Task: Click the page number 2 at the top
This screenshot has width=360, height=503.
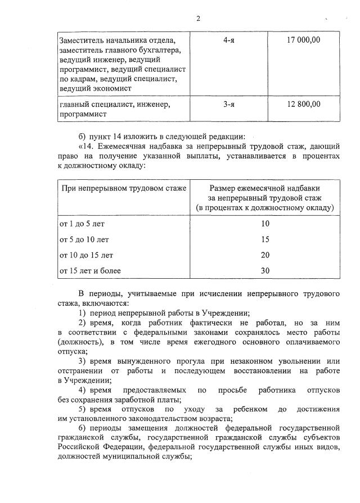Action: (198, 19)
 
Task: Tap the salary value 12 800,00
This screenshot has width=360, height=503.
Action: (303, 104)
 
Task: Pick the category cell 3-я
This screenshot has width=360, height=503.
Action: (228, 104)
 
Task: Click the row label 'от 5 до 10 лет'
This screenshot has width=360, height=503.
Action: (84, 239)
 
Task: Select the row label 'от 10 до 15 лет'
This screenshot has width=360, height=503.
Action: (87, 255)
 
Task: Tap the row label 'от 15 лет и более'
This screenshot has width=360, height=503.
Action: (91, 270)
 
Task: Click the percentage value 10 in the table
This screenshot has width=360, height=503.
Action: (265, 224)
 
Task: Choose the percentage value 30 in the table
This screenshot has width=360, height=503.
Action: (265, 270)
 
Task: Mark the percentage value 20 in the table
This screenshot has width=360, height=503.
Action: (265, 255)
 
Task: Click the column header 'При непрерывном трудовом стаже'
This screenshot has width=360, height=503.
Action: (123, 188)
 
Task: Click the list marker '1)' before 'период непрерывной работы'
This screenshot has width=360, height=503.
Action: (82, 314)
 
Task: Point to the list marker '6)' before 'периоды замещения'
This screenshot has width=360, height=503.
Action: (82, 428)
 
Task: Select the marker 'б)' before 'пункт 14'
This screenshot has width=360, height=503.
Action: (82, 136)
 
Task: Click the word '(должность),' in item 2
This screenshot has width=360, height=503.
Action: (80, 342)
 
